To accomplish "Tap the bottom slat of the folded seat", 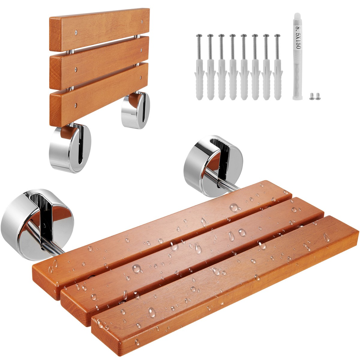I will pos(99,96).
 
